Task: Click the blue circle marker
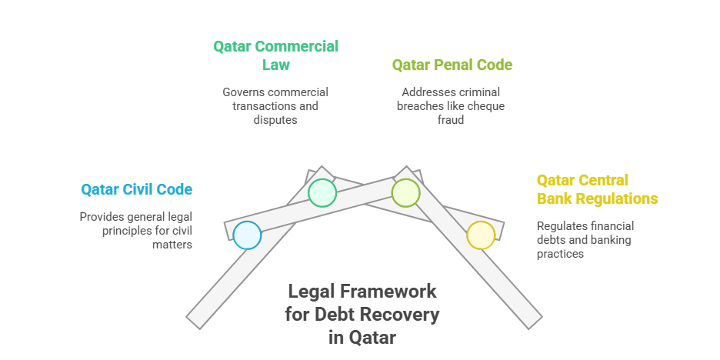[x=247, y=235]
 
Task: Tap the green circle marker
[x=322, y=193]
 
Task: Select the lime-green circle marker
[x=406, y=193]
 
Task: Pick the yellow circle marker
[x=481, y=235]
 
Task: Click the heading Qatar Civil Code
[x=137, y=189]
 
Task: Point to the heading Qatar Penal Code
[x=452, y=65]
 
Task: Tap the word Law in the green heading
[x=276, y=65]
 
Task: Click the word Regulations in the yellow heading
[x=617, y=198]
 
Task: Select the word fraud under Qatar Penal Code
[x=451, y=120]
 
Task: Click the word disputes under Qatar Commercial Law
[x=275, y=120]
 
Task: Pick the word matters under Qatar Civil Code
[x=172, y=245]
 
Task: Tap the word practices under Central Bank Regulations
[x=560, y=254]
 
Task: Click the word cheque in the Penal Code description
[x=488, y=106]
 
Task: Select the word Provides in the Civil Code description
[x=99, y=217]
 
